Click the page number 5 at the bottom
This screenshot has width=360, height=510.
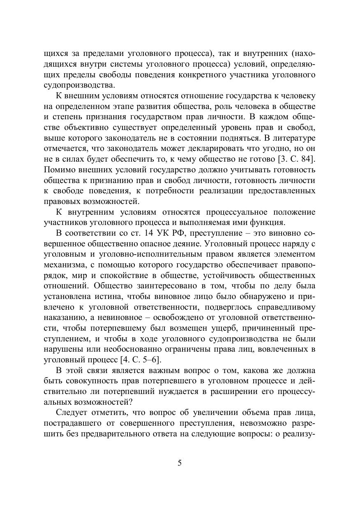(x=180, y=463)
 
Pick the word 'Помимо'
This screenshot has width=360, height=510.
(x=57, y=170)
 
